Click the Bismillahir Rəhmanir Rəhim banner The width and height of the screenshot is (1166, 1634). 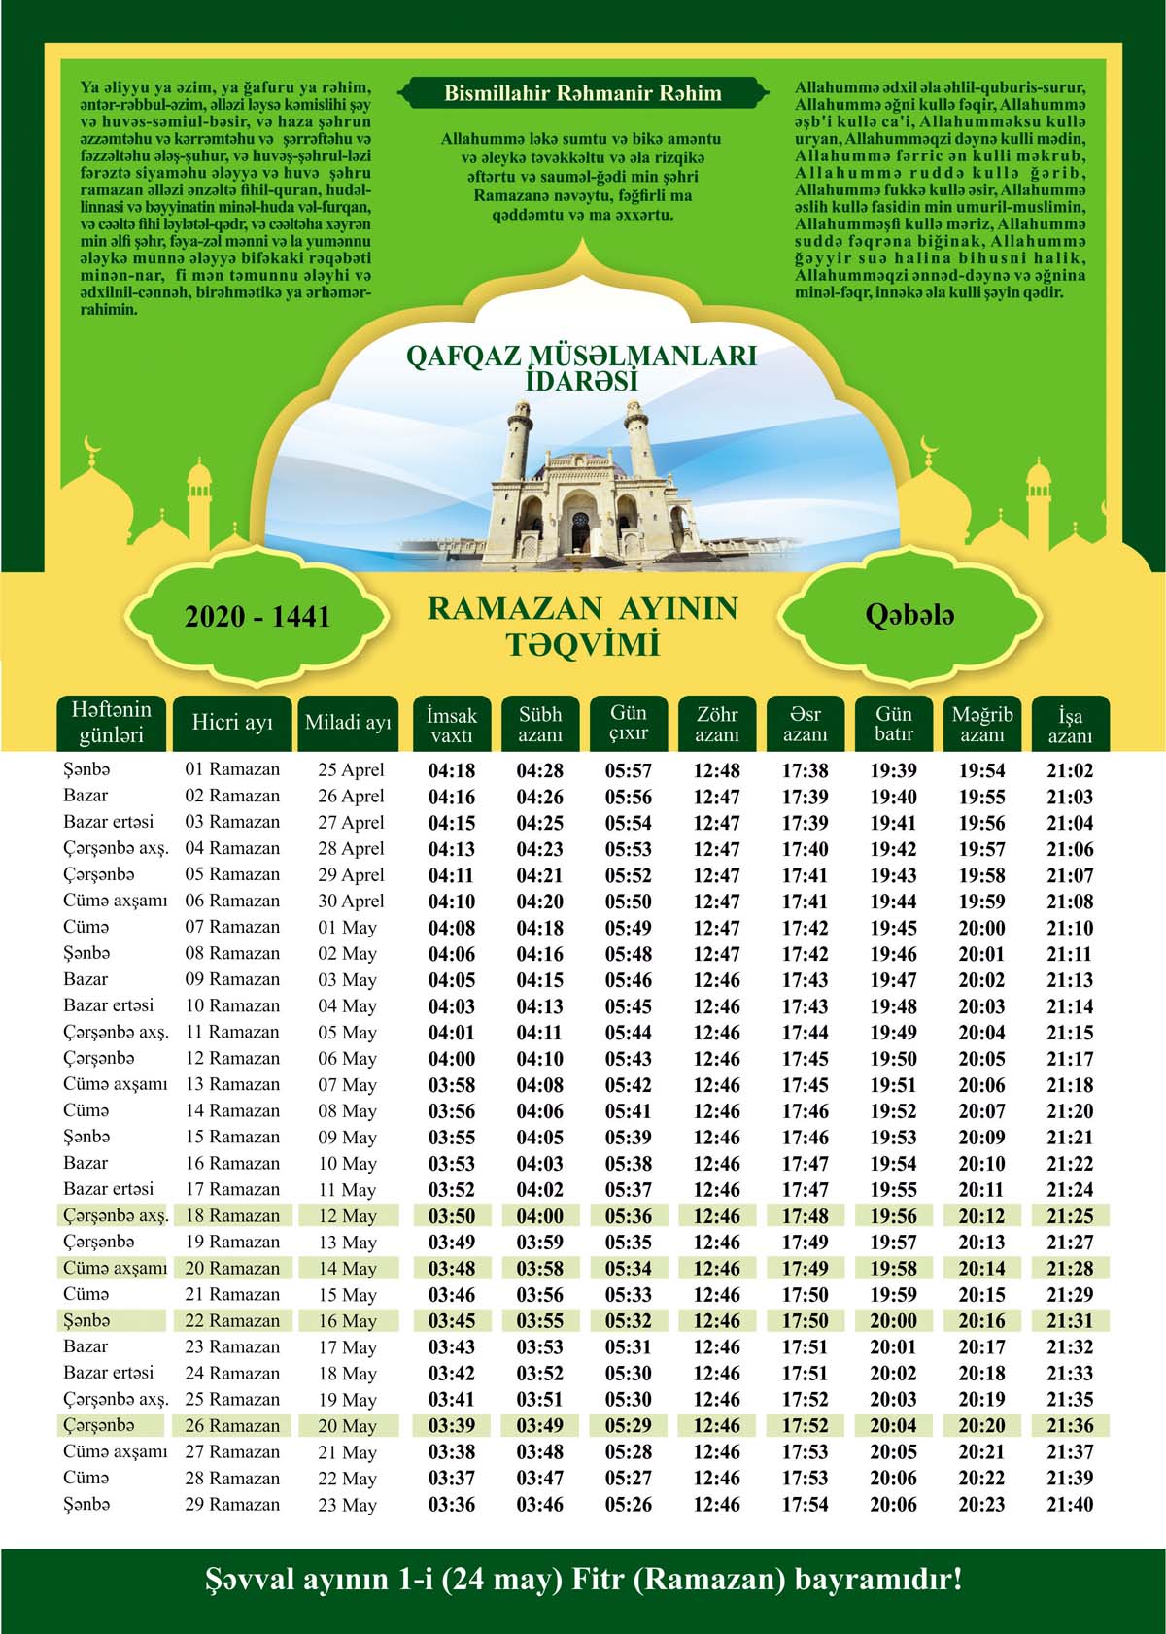(x=582, y=94)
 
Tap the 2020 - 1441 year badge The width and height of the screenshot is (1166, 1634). (x=257, y=617)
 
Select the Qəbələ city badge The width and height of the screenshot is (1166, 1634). (x=909, y=615)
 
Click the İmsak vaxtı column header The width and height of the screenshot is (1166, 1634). (x=452, y=725)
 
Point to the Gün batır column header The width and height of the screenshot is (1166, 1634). (x=893, y=724)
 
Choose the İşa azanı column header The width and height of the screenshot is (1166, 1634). (x=1070, y=725)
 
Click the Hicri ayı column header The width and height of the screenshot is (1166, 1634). (x=232, y=723)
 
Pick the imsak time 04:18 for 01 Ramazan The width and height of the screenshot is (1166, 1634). (x=452, y=771)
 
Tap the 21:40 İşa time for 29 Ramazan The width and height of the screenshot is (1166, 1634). (x=1070, y=1505)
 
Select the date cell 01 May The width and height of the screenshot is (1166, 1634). (x=347, y=928)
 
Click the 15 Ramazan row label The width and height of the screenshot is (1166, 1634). (x=232, y=1137)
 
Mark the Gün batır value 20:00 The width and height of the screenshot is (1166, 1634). (x=893, y=1321)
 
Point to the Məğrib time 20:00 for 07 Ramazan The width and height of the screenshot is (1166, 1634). (x=981, y=928)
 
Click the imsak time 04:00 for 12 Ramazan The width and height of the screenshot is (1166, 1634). (x=452, y=1059)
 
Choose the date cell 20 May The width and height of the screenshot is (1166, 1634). (x=347, y=1426)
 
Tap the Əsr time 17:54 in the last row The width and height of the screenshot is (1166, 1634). (x=805, y=1505)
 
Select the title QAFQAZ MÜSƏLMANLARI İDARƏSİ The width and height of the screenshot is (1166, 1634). (x=581, y=368)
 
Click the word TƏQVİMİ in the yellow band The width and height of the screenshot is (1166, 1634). (x=582, y=644)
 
